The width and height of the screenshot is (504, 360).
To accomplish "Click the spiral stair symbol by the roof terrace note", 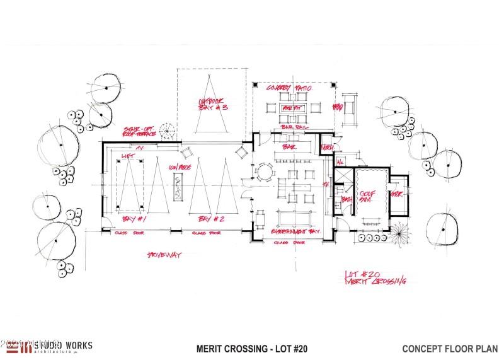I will pos(168,131).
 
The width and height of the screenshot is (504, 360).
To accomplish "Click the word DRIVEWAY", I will pos(163,255).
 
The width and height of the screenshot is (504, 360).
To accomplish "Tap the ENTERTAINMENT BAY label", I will pos(296,231).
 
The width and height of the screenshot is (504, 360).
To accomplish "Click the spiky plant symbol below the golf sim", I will pos(399,236).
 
